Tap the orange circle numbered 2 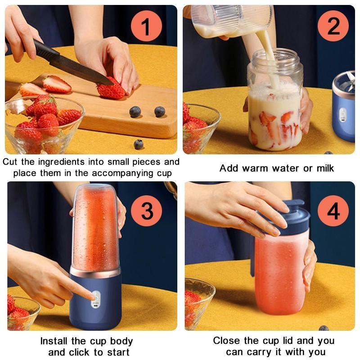tap(333, 26)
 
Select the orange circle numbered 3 tap(147, 210)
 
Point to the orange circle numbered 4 tap(333, 210)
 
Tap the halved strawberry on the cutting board tap(57, 84)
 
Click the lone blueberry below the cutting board tap(139, 144)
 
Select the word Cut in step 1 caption tap(12, 162)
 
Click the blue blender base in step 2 tap(344, 112)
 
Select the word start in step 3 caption tap(117, 352)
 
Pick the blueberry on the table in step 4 tap(324, 328)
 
